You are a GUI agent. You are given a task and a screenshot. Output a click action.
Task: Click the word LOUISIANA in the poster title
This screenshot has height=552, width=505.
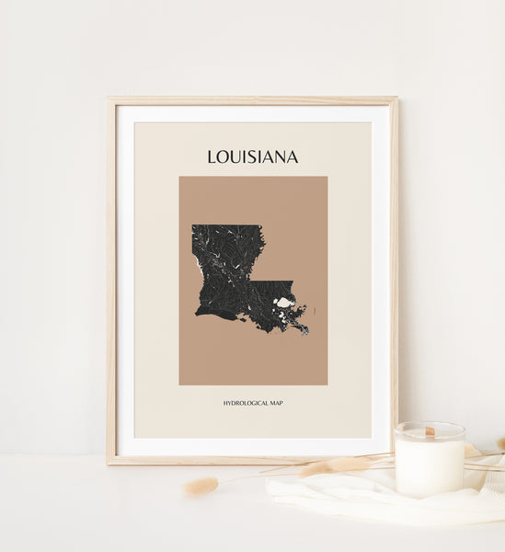point(252,156)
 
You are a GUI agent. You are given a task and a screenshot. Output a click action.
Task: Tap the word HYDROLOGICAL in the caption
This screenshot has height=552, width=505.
point(245,403)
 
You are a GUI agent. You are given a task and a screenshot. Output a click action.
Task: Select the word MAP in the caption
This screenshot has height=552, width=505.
point(275,403)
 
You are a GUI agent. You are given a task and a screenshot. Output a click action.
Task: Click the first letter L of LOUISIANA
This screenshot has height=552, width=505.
point(212,156)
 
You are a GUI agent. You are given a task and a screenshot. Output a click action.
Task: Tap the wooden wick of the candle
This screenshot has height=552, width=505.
point(429,431)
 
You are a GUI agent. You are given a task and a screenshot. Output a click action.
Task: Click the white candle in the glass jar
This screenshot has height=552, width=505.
point(429,465)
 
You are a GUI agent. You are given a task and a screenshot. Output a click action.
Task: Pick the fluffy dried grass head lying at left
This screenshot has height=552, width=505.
point(201,485)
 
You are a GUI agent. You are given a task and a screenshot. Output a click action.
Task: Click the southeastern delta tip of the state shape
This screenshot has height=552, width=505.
point(306,331)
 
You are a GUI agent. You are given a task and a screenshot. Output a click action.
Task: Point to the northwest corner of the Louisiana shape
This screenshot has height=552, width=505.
point(193,226)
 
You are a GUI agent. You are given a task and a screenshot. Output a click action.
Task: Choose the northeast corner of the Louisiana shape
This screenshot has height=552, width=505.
point(263,226)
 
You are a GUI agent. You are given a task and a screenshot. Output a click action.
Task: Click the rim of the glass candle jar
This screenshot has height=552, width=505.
point(429,426)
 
